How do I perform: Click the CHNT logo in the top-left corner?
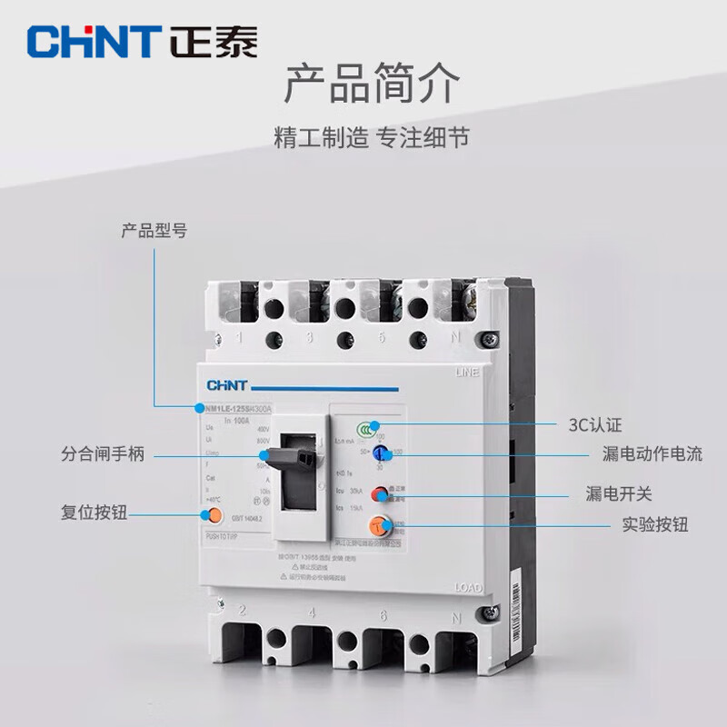pos(141,41)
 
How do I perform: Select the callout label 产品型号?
pos(154,230)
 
